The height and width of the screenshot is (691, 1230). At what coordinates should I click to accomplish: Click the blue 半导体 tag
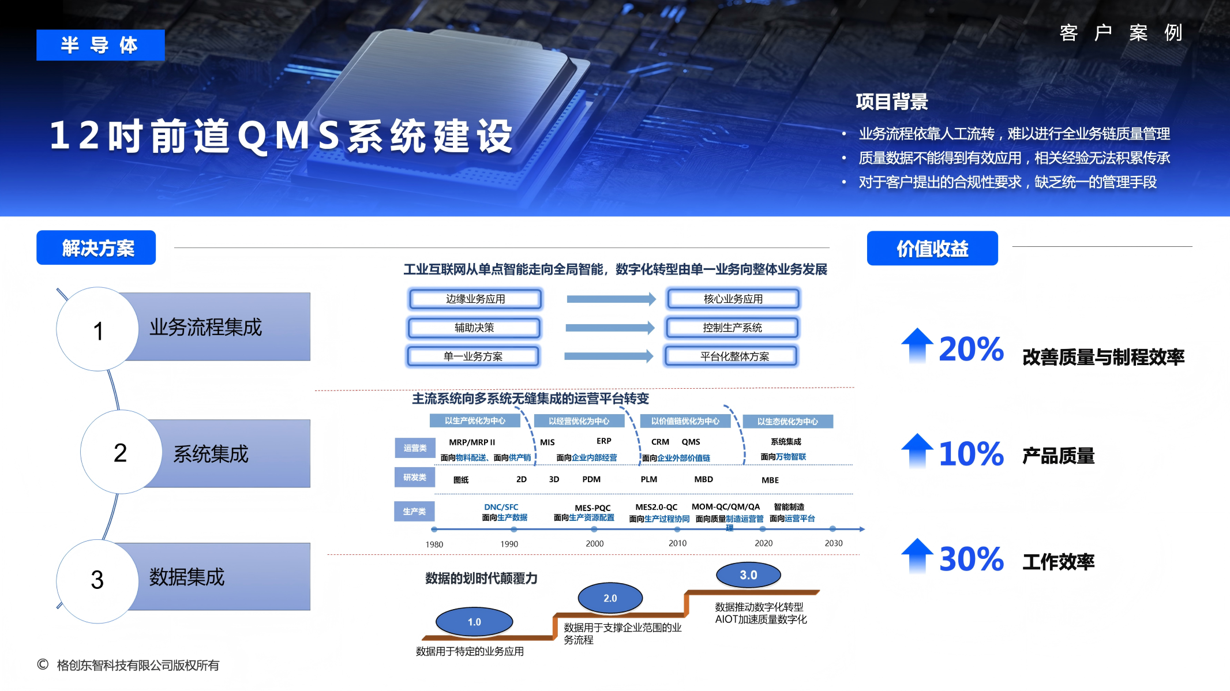[100, 45]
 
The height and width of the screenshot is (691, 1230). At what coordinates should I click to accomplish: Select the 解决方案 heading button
[96, 248]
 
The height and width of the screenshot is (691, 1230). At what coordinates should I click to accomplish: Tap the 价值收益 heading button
[932, 249]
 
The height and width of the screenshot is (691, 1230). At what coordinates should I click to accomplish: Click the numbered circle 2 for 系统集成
[121, 453]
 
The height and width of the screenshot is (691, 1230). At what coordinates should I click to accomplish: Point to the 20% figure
[971, 349]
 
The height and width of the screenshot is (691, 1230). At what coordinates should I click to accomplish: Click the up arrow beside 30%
[917, 556]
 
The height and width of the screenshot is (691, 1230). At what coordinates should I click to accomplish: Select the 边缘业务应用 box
[475, 299]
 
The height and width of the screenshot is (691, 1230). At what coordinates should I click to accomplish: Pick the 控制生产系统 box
[732, 328]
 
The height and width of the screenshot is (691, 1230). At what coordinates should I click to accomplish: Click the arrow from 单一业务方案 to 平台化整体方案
[608, 356]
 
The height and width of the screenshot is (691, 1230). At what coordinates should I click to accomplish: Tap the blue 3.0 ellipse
[748, 575]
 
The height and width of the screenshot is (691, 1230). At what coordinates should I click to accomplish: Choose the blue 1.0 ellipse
[474, 622]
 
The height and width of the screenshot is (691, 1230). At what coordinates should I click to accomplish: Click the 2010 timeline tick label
[677, 543]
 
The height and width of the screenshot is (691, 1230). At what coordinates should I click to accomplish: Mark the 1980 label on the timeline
[434, 544]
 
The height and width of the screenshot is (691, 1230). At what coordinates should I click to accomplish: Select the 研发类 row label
[415, 478]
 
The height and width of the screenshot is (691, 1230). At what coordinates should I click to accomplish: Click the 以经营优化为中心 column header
[579, 421]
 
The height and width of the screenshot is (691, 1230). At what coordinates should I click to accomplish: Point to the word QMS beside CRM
[691, 442]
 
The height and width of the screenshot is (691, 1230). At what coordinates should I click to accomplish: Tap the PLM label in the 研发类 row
[648, 479]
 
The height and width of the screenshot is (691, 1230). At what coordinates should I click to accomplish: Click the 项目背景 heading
[892, 102]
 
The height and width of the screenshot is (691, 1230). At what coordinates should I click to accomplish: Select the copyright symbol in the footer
[43, 664]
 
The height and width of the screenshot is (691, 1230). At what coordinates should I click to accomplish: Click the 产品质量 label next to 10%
[1058, 456]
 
